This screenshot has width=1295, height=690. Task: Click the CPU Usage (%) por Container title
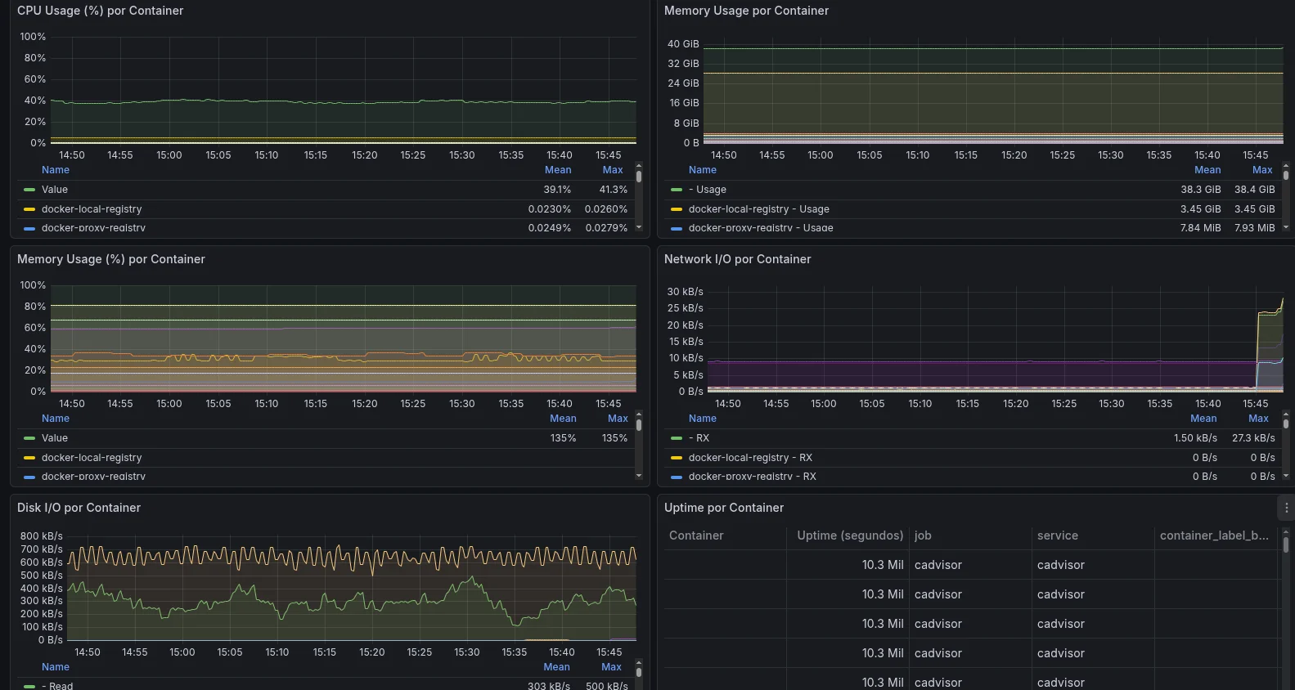[x=100, y=11]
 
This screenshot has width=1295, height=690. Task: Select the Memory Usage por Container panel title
[x=746, y=11]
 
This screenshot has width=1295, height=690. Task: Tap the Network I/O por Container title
[x=737, y=259]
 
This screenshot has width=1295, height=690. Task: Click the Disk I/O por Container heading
[x=79, y=508]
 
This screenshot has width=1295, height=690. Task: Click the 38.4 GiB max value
[x=1254, y=190]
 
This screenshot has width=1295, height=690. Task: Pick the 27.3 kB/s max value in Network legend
[x=1253, y=438]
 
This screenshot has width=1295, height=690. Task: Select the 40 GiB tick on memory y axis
[x=683, y=44]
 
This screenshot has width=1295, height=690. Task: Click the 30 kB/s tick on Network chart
[x=685, y=292]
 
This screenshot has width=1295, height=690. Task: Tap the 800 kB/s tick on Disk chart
[x=41, y=536]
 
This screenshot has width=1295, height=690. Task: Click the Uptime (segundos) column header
[x=850, y=535]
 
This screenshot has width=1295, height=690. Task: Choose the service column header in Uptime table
[x=1057, y=535]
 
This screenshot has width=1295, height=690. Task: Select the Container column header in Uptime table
[x=696, y=535]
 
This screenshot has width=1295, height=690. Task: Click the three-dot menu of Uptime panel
[x=1286, y=508]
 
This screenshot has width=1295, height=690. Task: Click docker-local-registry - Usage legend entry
[x=758, y=209]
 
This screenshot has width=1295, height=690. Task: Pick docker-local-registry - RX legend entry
[x=750, y=458]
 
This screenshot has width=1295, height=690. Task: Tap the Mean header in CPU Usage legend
[x=558, y=170]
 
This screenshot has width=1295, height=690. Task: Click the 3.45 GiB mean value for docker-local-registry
[x=1200, y=209]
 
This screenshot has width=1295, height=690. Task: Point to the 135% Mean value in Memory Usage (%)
[x=563, y=438]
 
